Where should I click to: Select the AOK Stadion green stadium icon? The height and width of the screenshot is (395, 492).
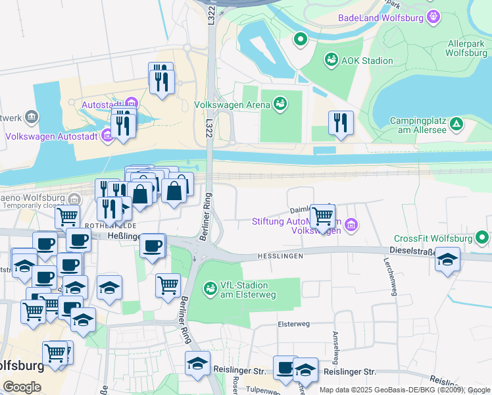tap(332, 61)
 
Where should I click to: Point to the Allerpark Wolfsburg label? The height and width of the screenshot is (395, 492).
tap(466, 47)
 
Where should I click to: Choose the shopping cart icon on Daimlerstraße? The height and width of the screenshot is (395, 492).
tap(322, 215)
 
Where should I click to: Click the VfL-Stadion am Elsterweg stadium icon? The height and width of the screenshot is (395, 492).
tap(210, 288)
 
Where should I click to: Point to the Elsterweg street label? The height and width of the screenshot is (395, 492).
tap(293, 324)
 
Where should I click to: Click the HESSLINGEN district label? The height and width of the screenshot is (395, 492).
tap(280, 255)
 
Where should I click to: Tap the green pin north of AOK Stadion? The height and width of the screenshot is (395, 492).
tap(301, 40)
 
